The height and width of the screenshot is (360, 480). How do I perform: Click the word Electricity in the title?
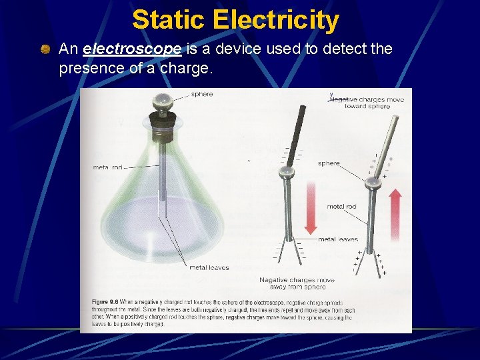pyautogui.click(x=277, y=20)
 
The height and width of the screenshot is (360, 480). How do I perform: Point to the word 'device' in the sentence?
pyautogui.click(x=225, y=49)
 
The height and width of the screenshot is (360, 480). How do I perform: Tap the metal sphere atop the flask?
pyautogui.click(x=161, y=102)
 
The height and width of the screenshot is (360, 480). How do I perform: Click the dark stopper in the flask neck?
pyautogui.click(x=162, y=125)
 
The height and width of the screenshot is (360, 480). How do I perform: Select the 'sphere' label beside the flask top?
pyautogui.click(x=202, y=94)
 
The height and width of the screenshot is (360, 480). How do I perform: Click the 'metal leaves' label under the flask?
pyautogui.click(x=209, y=267)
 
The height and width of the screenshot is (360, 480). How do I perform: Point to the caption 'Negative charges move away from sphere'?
pyautogui.click(x=297, y=283)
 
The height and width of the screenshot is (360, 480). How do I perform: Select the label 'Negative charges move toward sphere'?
pyautogui.click(x=368, y=103)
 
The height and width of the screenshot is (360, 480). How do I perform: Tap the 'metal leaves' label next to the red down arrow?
pyautogui.click(x=338, y=239)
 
